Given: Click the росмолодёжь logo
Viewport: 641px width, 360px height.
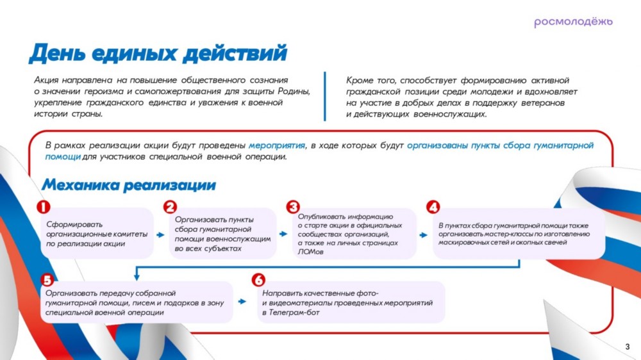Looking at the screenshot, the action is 573,22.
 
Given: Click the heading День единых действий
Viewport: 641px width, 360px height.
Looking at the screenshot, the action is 158,54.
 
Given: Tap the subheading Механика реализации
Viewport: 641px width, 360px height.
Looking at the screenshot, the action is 129,185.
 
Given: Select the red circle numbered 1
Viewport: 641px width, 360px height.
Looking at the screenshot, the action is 44,207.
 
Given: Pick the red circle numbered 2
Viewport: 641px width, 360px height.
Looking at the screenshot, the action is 170,207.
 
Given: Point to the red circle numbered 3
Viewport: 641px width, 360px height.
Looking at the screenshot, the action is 293,207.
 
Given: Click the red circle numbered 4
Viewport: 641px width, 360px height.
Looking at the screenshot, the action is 433,207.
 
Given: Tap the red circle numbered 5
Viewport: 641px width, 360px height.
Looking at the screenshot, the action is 47,281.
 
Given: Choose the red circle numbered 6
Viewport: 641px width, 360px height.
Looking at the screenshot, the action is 258,281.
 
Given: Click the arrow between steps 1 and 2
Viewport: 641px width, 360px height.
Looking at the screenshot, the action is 160,235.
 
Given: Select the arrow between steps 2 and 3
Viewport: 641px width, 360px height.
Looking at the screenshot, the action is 283,234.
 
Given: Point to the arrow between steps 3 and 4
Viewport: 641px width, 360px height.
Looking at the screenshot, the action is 424,235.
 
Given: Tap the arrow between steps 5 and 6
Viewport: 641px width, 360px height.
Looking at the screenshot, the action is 242,302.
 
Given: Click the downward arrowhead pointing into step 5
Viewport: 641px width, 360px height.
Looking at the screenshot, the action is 137,277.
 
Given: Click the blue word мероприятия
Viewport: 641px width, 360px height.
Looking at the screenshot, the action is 277,145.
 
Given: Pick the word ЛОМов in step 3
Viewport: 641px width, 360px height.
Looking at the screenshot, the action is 310,252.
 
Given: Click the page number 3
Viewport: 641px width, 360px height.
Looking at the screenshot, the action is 628,347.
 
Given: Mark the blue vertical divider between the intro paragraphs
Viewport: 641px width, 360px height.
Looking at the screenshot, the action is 325,97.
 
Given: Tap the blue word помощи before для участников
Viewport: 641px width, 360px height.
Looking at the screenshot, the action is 63,157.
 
